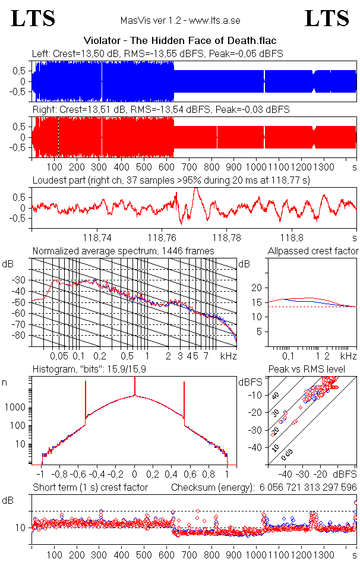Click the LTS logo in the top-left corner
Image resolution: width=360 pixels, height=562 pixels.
point(33,18)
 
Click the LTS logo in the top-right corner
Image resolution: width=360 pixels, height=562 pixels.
point(327,18)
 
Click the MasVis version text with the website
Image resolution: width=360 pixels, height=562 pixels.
point(180,20)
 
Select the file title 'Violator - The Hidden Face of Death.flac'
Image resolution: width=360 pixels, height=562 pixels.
point(180,40)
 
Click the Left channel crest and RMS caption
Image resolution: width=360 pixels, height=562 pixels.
point(157,54)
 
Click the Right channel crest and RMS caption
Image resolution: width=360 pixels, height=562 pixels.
point(160,110)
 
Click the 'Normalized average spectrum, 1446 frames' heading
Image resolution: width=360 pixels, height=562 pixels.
point(124,251)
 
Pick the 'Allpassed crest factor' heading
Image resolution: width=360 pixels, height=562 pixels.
point(313,251)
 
